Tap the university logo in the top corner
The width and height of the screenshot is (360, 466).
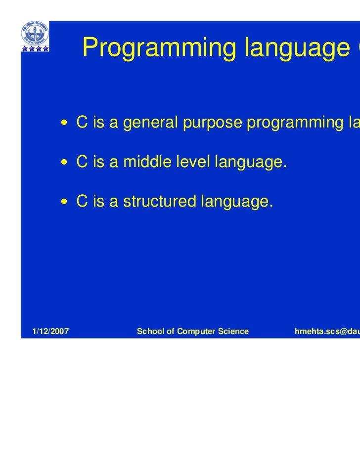point(35,34)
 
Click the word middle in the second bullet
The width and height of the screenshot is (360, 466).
point(143,162)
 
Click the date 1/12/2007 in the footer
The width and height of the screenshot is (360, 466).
point(50,331)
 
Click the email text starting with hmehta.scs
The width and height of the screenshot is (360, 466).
point(326,331)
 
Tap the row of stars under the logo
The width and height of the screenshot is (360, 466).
point(35,48)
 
